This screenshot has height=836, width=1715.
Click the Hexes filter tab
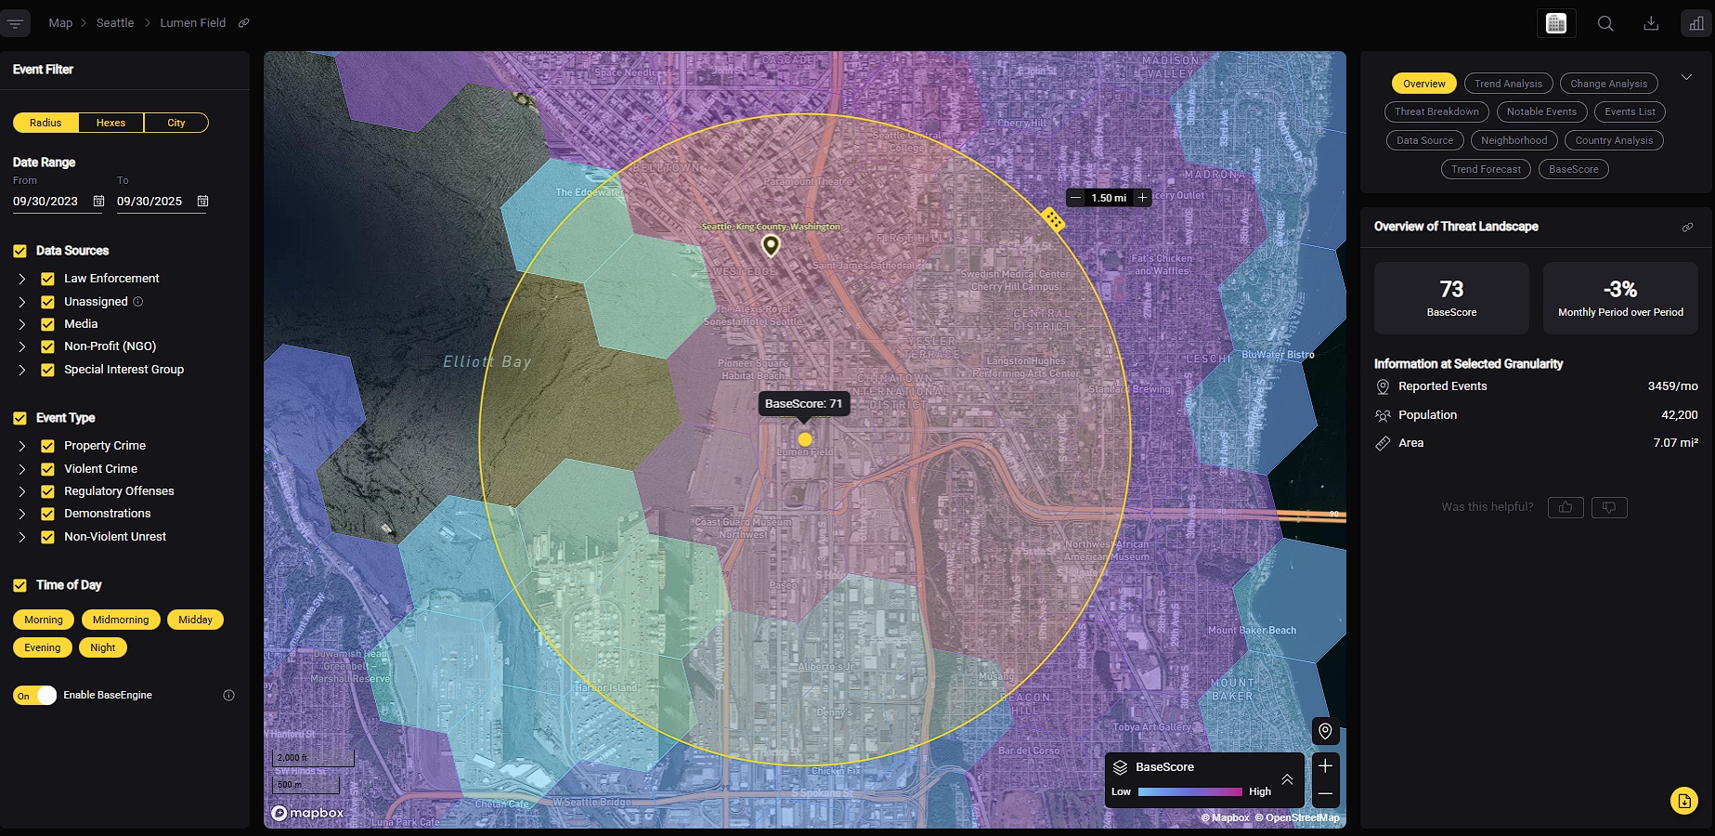110,123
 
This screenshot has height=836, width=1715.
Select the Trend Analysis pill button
1508,84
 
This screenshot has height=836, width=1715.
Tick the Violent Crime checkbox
47,469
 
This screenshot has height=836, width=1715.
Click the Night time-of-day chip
102,647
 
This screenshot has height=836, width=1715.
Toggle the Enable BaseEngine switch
35,696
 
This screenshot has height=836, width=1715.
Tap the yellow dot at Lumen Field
805,439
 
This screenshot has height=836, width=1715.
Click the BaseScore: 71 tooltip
803,404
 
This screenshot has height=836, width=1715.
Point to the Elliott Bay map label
487,361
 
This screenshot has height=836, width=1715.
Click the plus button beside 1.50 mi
1142,198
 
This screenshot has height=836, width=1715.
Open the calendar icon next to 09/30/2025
202,202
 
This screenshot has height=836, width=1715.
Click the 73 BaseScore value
1451,290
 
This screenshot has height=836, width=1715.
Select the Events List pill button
1630,111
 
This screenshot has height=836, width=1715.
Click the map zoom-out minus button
1325,793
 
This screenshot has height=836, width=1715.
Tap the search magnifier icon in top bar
1605,23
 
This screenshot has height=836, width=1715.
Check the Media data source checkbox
47,324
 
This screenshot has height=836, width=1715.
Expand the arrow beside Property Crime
22,446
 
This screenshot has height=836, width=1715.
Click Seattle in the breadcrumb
115,23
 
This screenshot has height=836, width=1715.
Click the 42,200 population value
1679,415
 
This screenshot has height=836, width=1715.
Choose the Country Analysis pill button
1614,140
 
